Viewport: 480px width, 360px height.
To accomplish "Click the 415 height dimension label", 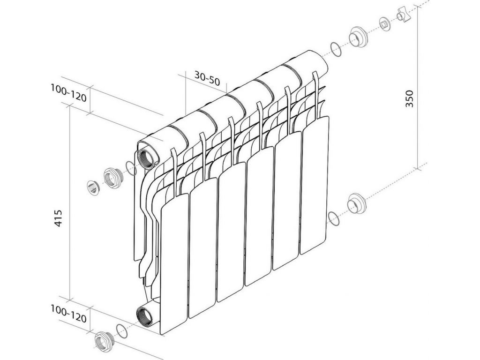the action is point(58,218).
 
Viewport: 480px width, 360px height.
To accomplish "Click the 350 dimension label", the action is point(409,98).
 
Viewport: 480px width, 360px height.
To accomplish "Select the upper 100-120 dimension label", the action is point(68,93).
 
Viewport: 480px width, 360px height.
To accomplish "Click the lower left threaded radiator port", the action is point(147,317).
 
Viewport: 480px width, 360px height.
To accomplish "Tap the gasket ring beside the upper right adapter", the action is point(336,49).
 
